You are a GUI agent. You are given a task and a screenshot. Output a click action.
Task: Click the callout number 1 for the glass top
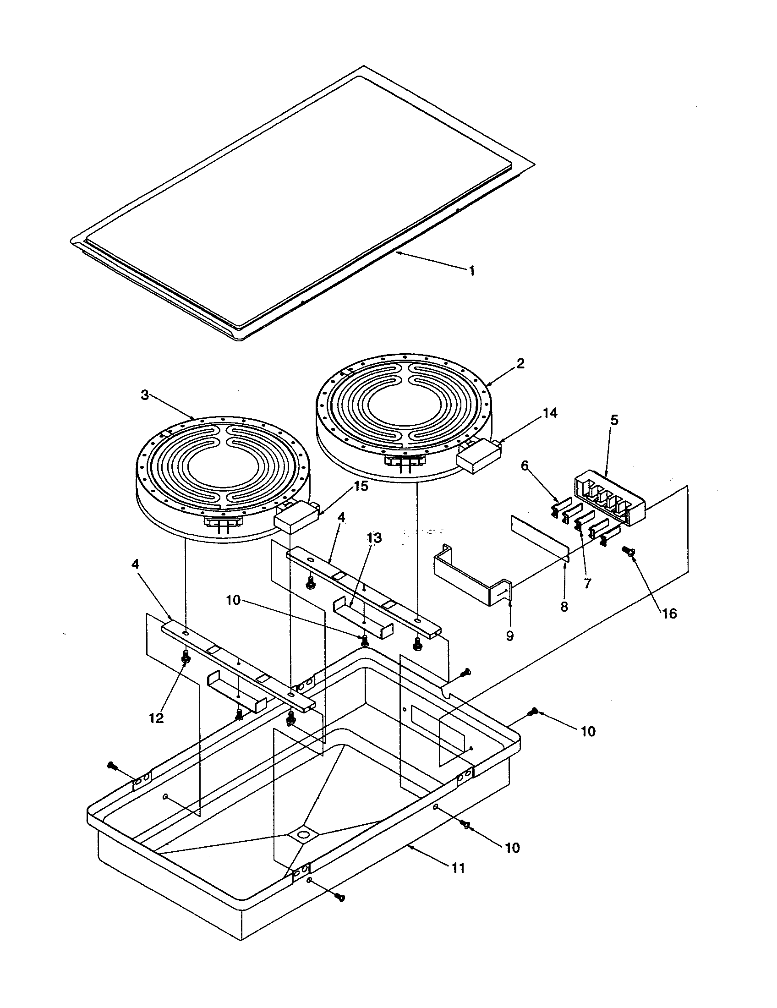(471, 270)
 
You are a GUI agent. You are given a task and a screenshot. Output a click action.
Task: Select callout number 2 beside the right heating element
(520, 364)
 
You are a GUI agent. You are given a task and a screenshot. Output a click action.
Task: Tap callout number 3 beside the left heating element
(145, 395)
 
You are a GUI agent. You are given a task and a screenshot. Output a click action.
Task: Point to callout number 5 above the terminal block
(614, 421)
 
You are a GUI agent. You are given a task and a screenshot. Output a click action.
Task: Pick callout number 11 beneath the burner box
(458, 868)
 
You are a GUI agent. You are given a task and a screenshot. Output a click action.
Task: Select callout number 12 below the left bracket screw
(156, 718)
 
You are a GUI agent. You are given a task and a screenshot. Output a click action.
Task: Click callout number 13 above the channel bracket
(374, 538)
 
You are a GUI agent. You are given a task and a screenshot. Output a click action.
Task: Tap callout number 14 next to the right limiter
(549, 413)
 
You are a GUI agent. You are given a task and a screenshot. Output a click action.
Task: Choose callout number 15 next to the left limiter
(361, 486)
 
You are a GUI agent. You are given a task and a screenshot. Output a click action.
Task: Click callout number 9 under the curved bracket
(509, 636)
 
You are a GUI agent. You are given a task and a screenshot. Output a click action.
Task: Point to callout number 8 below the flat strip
(564, 607)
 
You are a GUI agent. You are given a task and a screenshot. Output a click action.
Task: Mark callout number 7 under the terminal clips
(587, 583)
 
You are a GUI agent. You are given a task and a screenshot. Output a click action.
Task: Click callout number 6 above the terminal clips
(525, 466)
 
